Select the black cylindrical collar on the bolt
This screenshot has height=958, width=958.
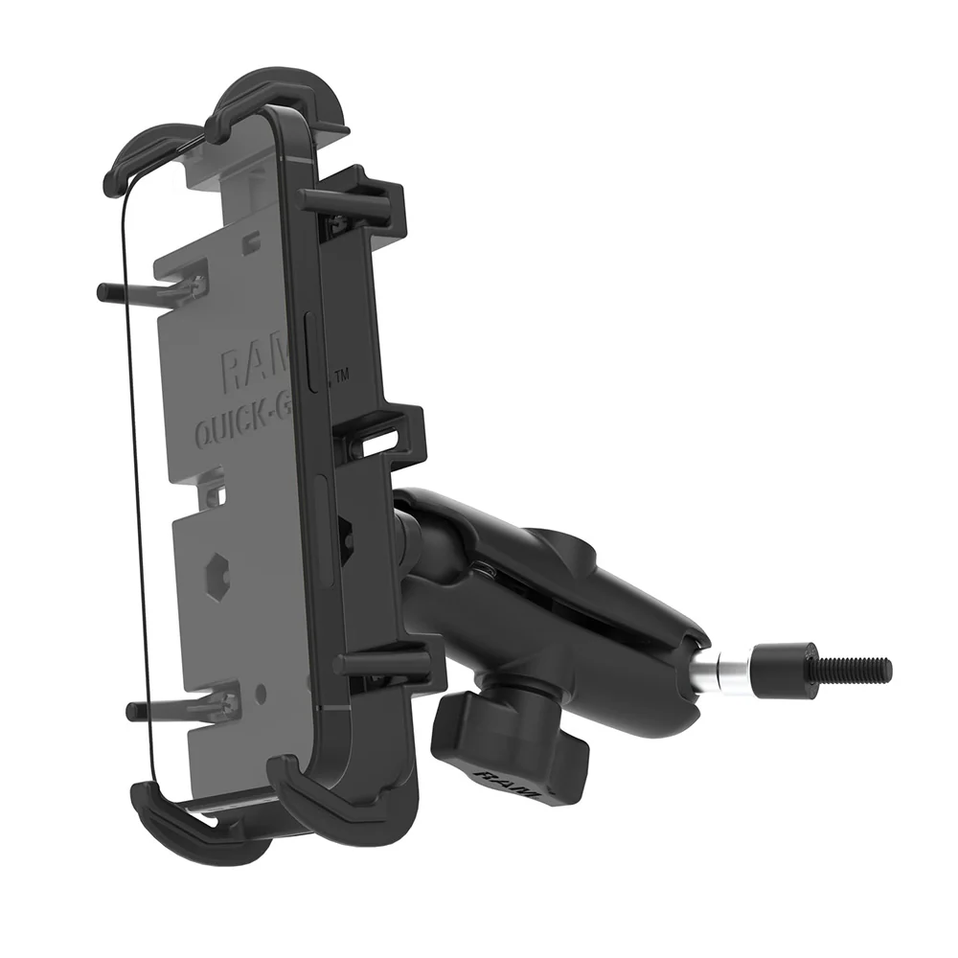[777, 664]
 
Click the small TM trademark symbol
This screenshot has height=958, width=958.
[341, 376]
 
